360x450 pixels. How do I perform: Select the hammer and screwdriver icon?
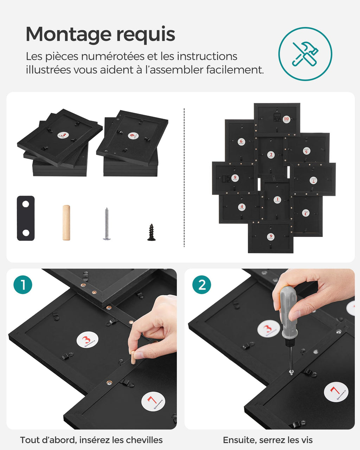click(305, 54)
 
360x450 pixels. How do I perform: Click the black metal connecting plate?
click(26, 218)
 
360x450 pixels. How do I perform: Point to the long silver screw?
click(107, 224)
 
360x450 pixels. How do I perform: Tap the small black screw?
click(151, 232)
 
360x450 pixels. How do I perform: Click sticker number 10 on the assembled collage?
click(286, 119)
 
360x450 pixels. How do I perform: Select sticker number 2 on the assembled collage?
click(271, 155)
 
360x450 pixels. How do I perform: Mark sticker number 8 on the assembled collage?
click(235, 178)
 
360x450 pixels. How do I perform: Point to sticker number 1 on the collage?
click(277, 200)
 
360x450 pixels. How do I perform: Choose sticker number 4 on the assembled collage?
click(242, 207)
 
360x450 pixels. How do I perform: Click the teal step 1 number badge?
click(23, 285)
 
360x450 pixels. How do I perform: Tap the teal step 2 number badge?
click(201, 285)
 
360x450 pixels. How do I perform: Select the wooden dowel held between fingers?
click(133, 357)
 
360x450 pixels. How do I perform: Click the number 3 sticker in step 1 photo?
click(87, 340)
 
